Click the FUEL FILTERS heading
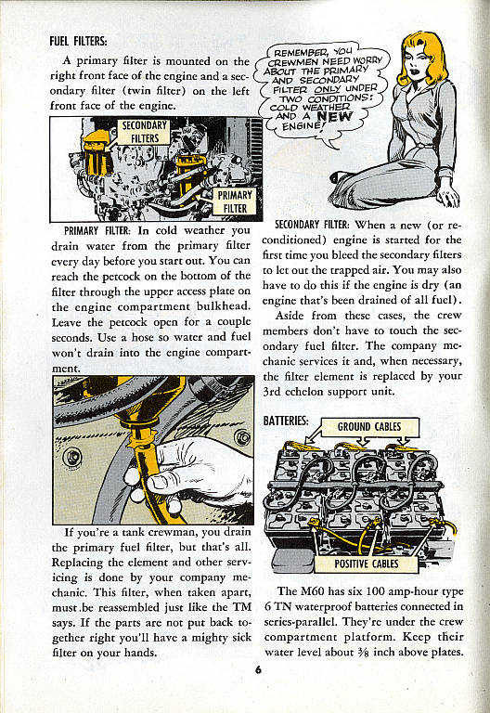point(78,41)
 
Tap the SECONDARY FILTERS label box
point(145,132)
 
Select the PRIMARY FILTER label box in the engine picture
point(235,201)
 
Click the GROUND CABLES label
point(369,427)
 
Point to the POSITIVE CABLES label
point(367,564)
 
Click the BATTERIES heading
point(286,421)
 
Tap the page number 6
point(258,669)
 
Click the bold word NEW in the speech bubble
point(334,116)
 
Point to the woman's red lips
point(416,71)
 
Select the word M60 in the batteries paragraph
point(312,591)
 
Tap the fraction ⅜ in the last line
point(363,652)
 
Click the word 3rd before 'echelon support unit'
point(272,391)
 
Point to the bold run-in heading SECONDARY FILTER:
point(312,224)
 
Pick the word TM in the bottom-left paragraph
point(242,607)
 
